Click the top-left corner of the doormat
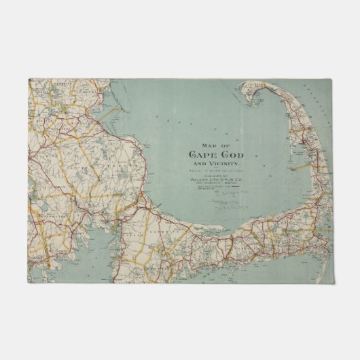[x=29, y=79]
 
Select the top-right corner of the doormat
[x=332, y=79]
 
